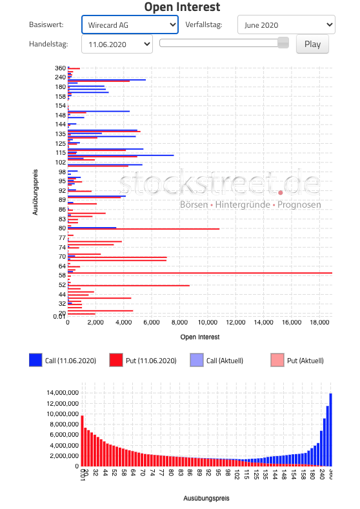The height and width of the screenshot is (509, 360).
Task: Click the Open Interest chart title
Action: coord(182,8)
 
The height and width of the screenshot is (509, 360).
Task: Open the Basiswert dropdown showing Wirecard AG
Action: coord(130,25)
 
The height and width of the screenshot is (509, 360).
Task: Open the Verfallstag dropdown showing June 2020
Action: coord(286,25)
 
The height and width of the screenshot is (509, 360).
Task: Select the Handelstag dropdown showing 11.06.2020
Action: coord(117,45)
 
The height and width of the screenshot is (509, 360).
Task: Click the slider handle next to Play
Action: coord(283,43)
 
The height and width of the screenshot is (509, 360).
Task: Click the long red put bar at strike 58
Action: coord(200,273)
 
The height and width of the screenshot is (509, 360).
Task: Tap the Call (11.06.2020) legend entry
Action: coord(63,361)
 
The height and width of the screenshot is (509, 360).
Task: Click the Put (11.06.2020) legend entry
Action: coord(143,361)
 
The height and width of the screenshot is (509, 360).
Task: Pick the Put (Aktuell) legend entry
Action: coord(297,361)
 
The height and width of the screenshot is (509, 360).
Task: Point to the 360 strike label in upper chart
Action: coord(60,68)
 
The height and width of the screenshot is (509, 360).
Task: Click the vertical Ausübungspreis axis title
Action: coord(35,191)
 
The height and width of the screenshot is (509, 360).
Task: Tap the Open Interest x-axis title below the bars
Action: coord(200,337)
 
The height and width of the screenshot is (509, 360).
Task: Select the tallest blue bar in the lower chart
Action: coord(330,429)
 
